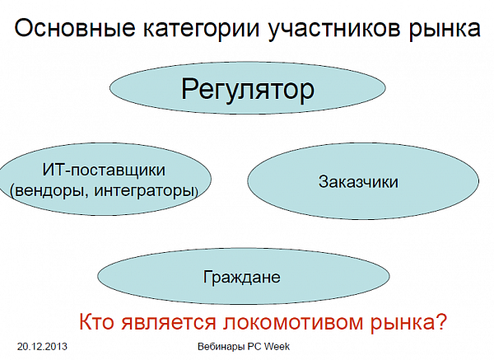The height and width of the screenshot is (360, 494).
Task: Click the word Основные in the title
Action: pyautogui.click(x=75, y=27)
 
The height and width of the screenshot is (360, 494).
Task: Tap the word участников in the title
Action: pyautogui.click(x=334, y=29)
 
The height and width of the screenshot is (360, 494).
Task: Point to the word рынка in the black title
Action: pyautogui.click(x=445, y=30)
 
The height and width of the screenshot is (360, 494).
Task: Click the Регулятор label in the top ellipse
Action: pyautogui.click(x=248, y=91)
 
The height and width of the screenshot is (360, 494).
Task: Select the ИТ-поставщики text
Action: pyautogui.click(x=104, y=171)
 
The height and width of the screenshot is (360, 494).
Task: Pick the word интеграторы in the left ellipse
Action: pyautogui.click(x=144, y=191)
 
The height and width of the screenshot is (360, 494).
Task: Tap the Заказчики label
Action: pyautogui.click(x=358, y=182)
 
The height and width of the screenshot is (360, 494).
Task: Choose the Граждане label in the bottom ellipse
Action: pyautogui.click(x=241, y=277)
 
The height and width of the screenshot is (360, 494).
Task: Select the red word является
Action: pyautogui.click(x=169, y=322)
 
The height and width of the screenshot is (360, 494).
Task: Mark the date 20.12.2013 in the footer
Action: pyautogui.click(x=42, y=347)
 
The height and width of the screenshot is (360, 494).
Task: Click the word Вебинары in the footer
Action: pyautogui.click(x=221, y=347)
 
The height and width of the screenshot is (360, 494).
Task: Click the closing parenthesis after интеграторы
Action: pyautogui.click(x=196, y=191)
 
